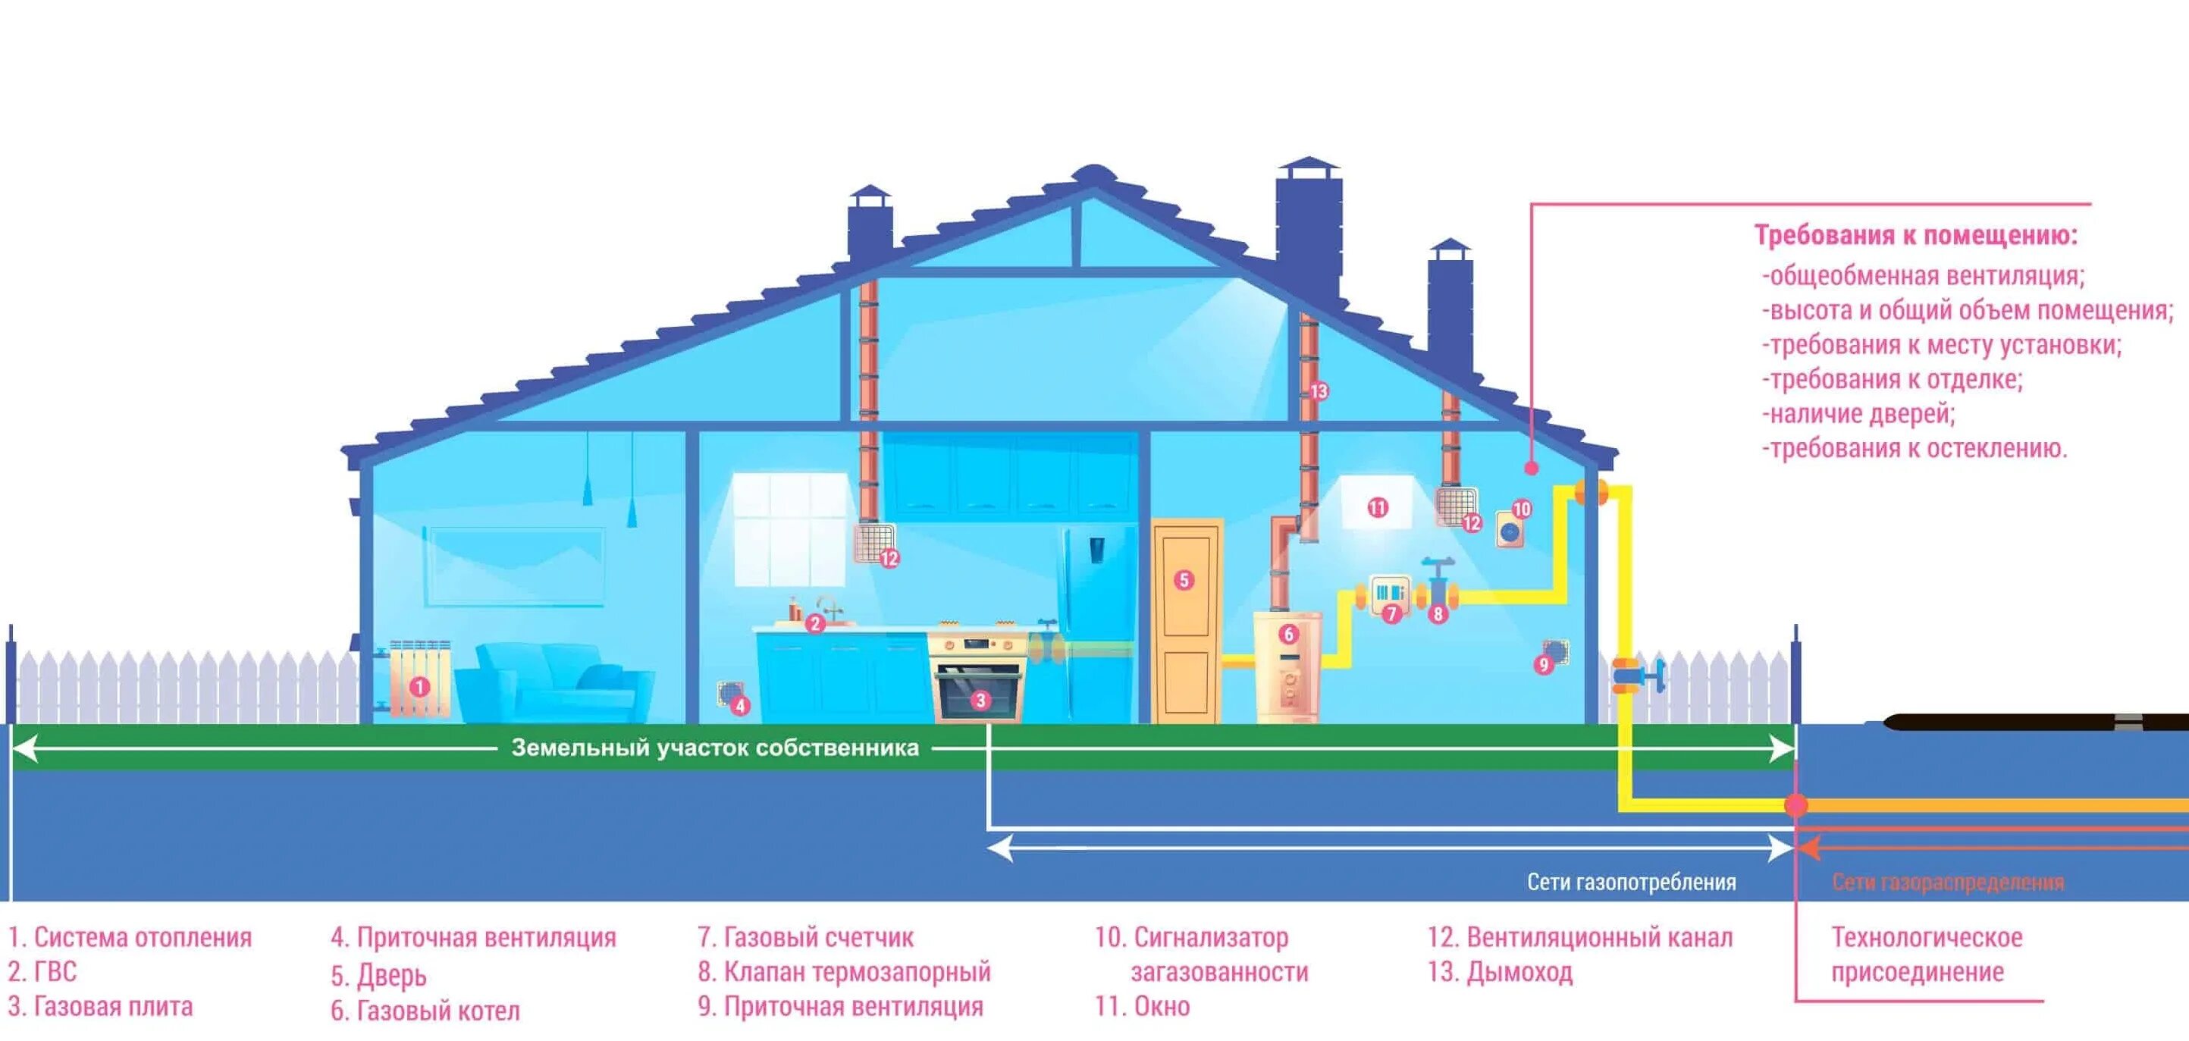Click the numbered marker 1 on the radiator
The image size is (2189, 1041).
pyautogui.click(x=419, y=685)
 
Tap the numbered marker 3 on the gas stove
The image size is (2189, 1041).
pyautogui.click(x=980, y=701)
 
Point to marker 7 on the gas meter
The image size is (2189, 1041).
pyautogui.click(x=1391, y=613)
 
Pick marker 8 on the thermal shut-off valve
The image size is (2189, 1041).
pyautogui.click(x=1438, y=613)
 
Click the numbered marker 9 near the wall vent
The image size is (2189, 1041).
pyautogui.click(x=1544, y=664)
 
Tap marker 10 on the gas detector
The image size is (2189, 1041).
pyautogui.click(x=1521, y=509)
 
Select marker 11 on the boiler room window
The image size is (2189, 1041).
pyautogui.click(x=1378, y=507)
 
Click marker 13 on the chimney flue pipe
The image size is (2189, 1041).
pyautogui.click(x=1318, y=391)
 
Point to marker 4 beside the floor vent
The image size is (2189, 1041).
pyautogui.click(x=740, y=705)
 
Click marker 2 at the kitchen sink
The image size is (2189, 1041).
pyautogui.click(x=815, y=624)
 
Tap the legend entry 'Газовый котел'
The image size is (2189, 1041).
pyautogui.click(x=425, y=1011)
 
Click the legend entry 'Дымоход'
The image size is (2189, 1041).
pyautogui.click(x=1500, y=971)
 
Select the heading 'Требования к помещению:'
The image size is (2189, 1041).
pyautogui.click(x=1915, y=235)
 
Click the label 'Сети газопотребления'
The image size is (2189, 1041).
pyautogui.click(x=1631, y=882)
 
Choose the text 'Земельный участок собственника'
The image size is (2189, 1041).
pyautogui.click(x=715, y=748)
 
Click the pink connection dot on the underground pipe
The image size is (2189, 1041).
pyautogui.click(x=1795, y=804)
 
